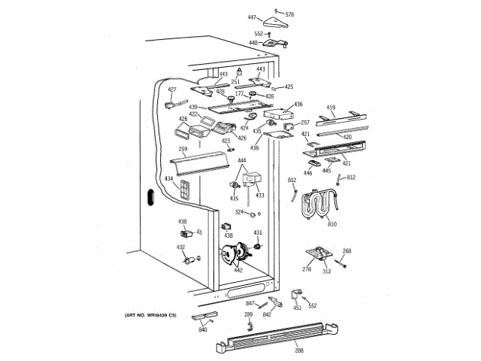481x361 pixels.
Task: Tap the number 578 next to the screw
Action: [x=289, y=15]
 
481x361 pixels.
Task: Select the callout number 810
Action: [x=332, y=224]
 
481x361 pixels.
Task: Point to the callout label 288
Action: [x=280, y=351]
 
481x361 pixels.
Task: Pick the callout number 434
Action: [x=169, y=179]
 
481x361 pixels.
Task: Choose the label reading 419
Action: [x=331, y=108]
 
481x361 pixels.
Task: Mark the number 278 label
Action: [x=307, y=269]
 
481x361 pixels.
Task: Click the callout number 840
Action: [x=203, y=330]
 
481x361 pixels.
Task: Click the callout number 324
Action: [x=239, y=213]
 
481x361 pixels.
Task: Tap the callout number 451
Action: [x=297, y=307]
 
